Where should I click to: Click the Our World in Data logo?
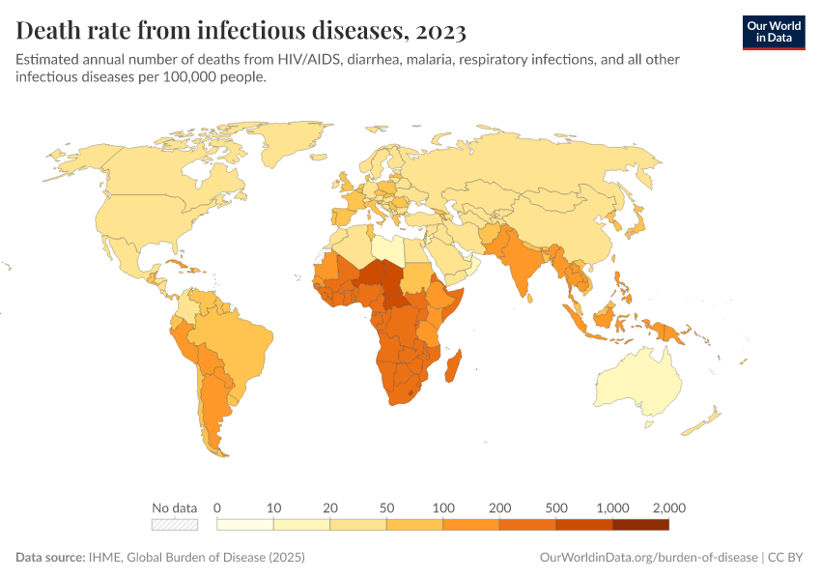tap(773, 31)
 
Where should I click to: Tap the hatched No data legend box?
tap(175, 525)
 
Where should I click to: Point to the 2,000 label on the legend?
tap(668, 507)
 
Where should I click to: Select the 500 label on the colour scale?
tap(555, 507)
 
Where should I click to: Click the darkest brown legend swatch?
tap(640, 525)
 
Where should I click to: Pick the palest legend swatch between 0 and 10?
tap(245, 525)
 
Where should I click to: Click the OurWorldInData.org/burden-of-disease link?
tap(648, 558)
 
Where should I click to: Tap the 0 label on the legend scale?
tap(217, 507)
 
